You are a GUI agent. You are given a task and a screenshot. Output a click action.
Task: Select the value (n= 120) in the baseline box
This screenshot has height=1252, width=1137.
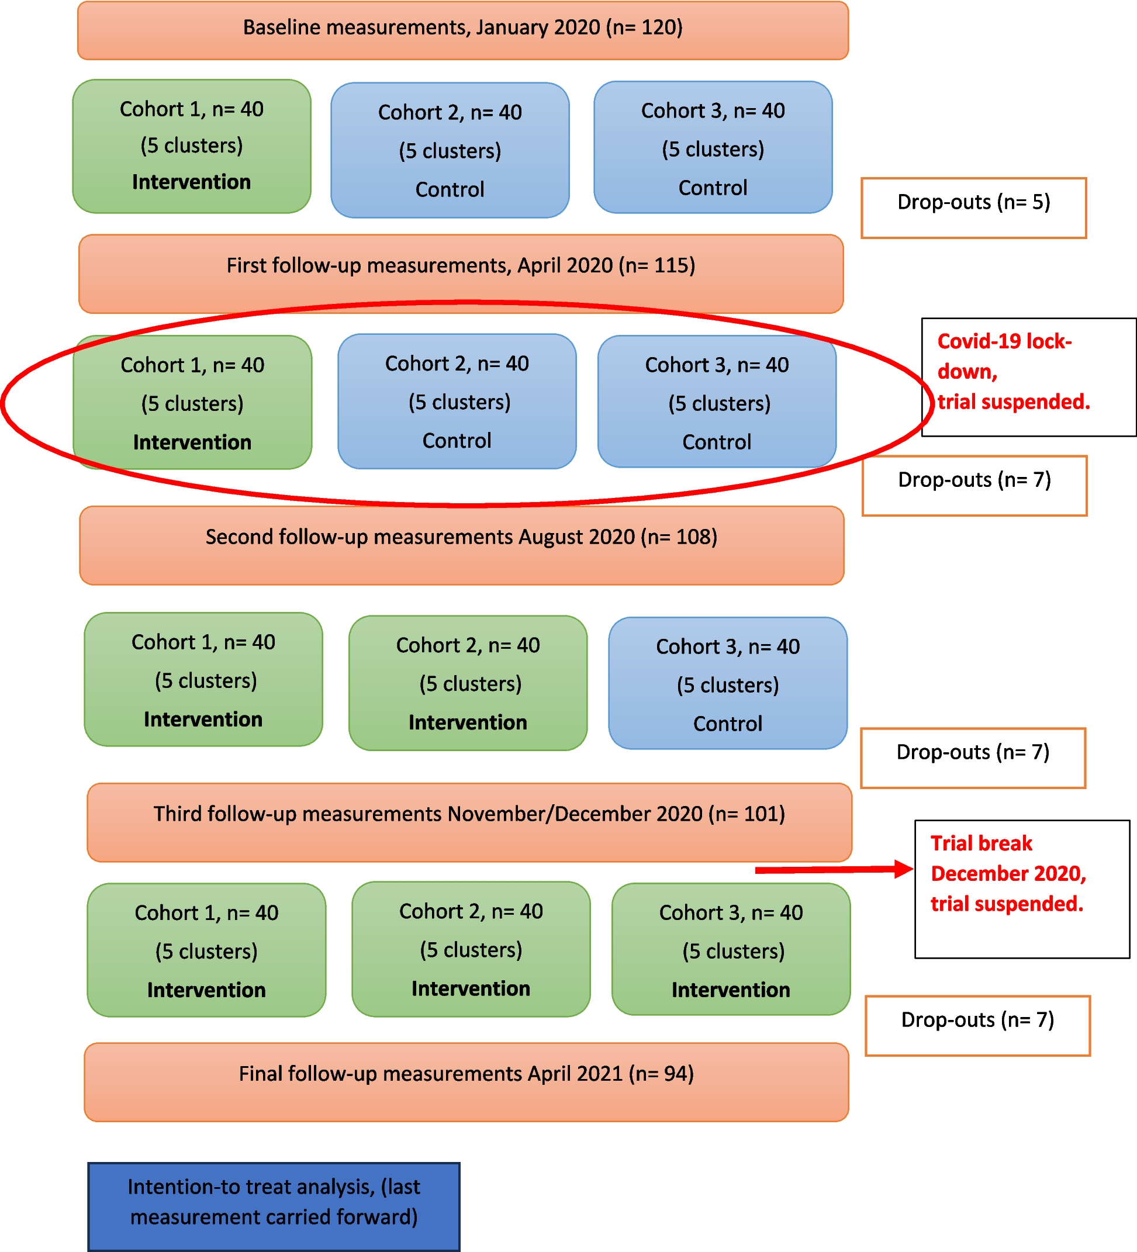(644, 27)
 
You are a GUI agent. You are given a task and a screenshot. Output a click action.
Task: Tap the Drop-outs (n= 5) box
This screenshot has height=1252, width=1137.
(973, 207)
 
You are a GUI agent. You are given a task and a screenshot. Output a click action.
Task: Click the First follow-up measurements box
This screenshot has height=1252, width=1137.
(461, 274)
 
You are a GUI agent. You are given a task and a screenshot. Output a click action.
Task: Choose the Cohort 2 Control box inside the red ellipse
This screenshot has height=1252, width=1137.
(457, 401)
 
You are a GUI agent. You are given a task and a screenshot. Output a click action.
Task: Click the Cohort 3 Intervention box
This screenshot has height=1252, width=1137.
(730, 950)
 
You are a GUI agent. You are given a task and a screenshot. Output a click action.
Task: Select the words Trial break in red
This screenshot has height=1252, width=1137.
(981, 843)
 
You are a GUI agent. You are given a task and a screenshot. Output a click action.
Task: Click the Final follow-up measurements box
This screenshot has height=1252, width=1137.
(466, 1082)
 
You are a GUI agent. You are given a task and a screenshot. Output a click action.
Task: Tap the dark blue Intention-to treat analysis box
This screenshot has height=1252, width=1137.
(274, 1206)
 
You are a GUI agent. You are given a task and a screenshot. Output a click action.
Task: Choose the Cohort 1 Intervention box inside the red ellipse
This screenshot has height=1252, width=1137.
(192, 402)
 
